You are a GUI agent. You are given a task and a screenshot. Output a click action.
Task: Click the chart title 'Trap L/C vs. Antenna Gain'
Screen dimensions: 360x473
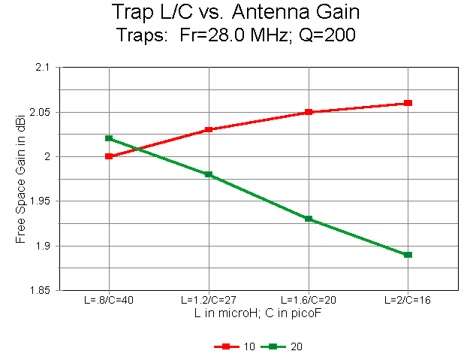pos(236,13)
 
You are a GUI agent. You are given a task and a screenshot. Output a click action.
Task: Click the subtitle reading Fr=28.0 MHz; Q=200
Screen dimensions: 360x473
pos(236,35)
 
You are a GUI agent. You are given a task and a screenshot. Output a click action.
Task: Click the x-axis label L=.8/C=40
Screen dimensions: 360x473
pos(109,300)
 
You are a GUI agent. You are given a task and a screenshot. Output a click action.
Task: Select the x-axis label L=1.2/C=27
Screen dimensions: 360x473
pos(209,300)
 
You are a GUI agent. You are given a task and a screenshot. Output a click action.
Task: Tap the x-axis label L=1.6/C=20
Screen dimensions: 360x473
pos(309,300)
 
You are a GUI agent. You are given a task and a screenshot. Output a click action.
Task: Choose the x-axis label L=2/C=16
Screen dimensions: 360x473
pos(408,300)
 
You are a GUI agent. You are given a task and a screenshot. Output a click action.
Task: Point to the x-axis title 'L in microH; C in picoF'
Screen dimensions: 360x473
pos(258,312)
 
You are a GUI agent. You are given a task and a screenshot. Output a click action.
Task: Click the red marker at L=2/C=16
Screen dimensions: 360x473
pos(408,103)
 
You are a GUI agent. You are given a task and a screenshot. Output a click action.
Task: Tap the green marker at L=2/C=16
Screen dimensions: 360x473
pos(408,255)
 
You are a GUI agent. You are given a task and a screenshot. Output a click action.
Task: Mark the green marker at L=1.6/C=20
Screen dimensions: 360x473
pos(309,219)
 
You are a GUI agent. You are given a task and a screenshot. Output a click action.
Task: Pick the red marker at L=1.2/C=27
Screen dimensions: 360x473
pos(209,130)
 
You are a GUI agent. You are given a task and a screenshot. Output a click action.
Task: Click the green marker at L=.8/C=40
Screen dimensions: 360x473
pos(109,138)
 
